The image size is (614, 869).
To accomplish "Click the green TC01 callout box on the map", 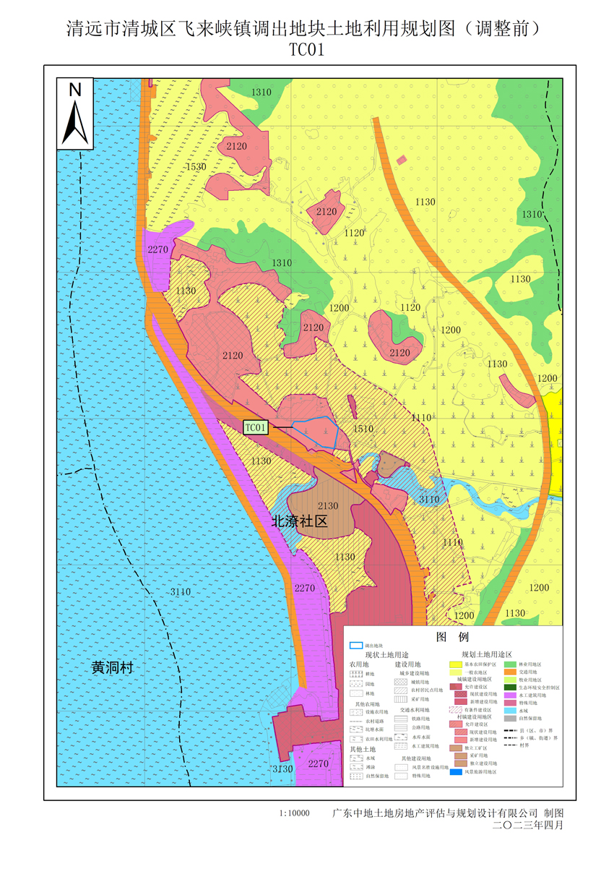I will tap(256, 427).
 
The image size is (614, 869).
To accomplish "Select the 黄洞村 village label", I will tap(113, 667).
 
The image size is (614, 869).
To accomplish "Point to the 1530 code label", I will tap(196, 167).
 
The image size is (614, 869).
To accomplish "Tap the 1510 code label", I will tap(363, 429).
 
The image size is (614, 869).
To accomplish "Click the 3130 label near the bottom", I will tap(282, 769).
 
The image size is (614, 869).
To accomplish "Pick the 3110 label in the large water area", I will tap(181, 592).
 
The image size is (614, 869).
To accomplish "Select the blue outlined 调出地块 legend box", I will tap(355, 645).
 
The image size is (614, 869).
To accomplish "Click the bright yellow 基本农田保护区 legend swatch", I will tap(457, 663).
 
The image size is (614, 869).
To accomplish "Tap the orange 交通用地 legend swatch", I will tap(510, 672).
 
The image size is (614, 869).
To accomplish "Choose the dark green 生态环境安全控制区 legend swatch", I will tap(510, 688).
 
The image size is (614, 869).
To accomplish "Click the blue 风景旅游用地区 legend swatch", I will tap(457, 772).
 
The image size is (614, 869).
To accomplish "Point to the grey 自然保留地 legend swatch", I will tap(510, 718).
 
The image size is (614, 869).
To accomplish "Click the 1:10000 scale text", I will tap(294, 813).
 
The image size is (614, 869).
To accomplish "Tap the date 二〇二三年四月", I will tap(527, 825).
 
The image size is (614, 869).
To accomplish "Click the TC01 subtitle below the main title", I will tap(306, 50).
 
